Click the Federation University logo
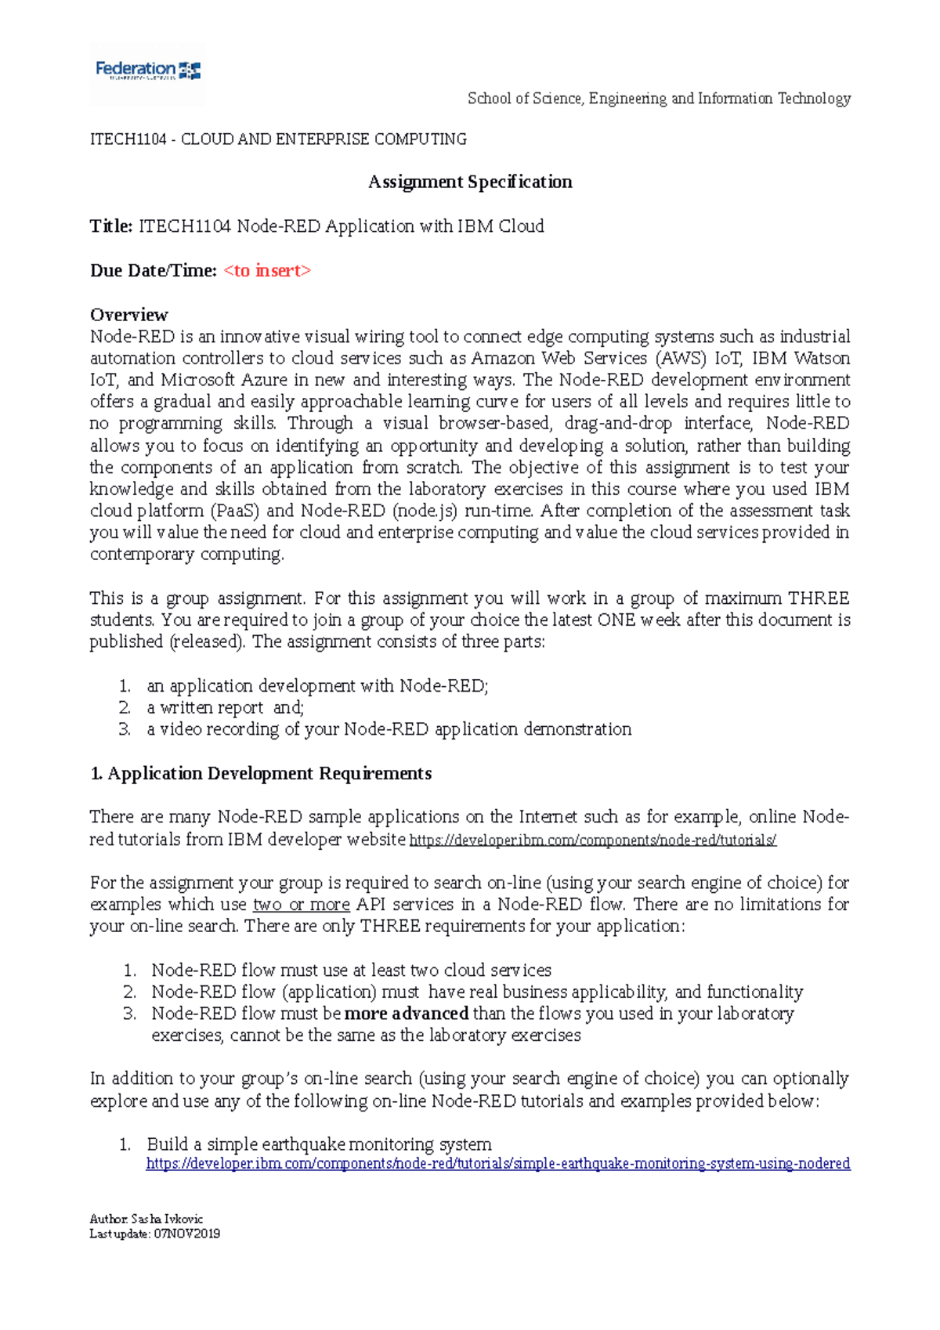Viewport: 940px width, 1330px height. [x=148, y=71]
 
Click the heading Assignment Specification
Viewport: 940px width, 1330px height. [x=470, y=182]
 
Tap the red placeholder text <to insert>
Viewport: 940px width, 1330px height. [x=267, y=271]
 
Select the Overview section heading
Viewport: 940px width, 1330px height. [x=129, y=315]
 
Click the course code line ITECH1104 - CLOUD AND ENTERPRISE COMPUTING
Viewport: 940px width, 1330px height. [x=278, y=139]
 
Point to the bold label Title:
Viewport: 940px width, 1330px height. [x=111, y=226]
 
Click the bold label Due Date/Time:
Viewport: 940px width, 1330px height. [x=154, y=271]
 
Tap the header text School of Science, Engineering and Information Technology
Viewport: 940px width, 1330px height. [x=659, y=99]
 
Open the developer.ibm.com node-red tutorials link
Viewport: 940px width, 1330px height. [x=593, y=840]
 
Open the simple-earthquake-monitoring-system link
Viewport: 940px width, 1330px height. [x=498, y=1164]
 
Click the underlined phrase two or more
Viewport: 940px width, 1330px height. [x=302, y=905]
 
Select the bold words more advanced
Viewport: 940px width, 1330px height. [x=407, y=1014]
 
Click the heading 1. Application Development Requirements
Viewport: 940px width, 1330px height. [x=261, y=774]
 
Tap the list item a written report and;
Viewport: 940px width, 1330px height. [x=226, y=708]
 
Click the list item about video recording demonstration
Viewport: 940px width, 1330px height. [x=389, y=729]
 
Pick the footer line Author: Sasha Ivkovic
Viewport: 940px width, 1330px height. [x=146, y=1219]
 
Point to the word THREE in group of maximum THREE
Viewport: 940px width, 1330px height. [x=819, y=598]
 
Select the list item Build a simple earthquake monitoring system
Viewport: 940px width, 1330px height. [x=320, y=1144]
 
